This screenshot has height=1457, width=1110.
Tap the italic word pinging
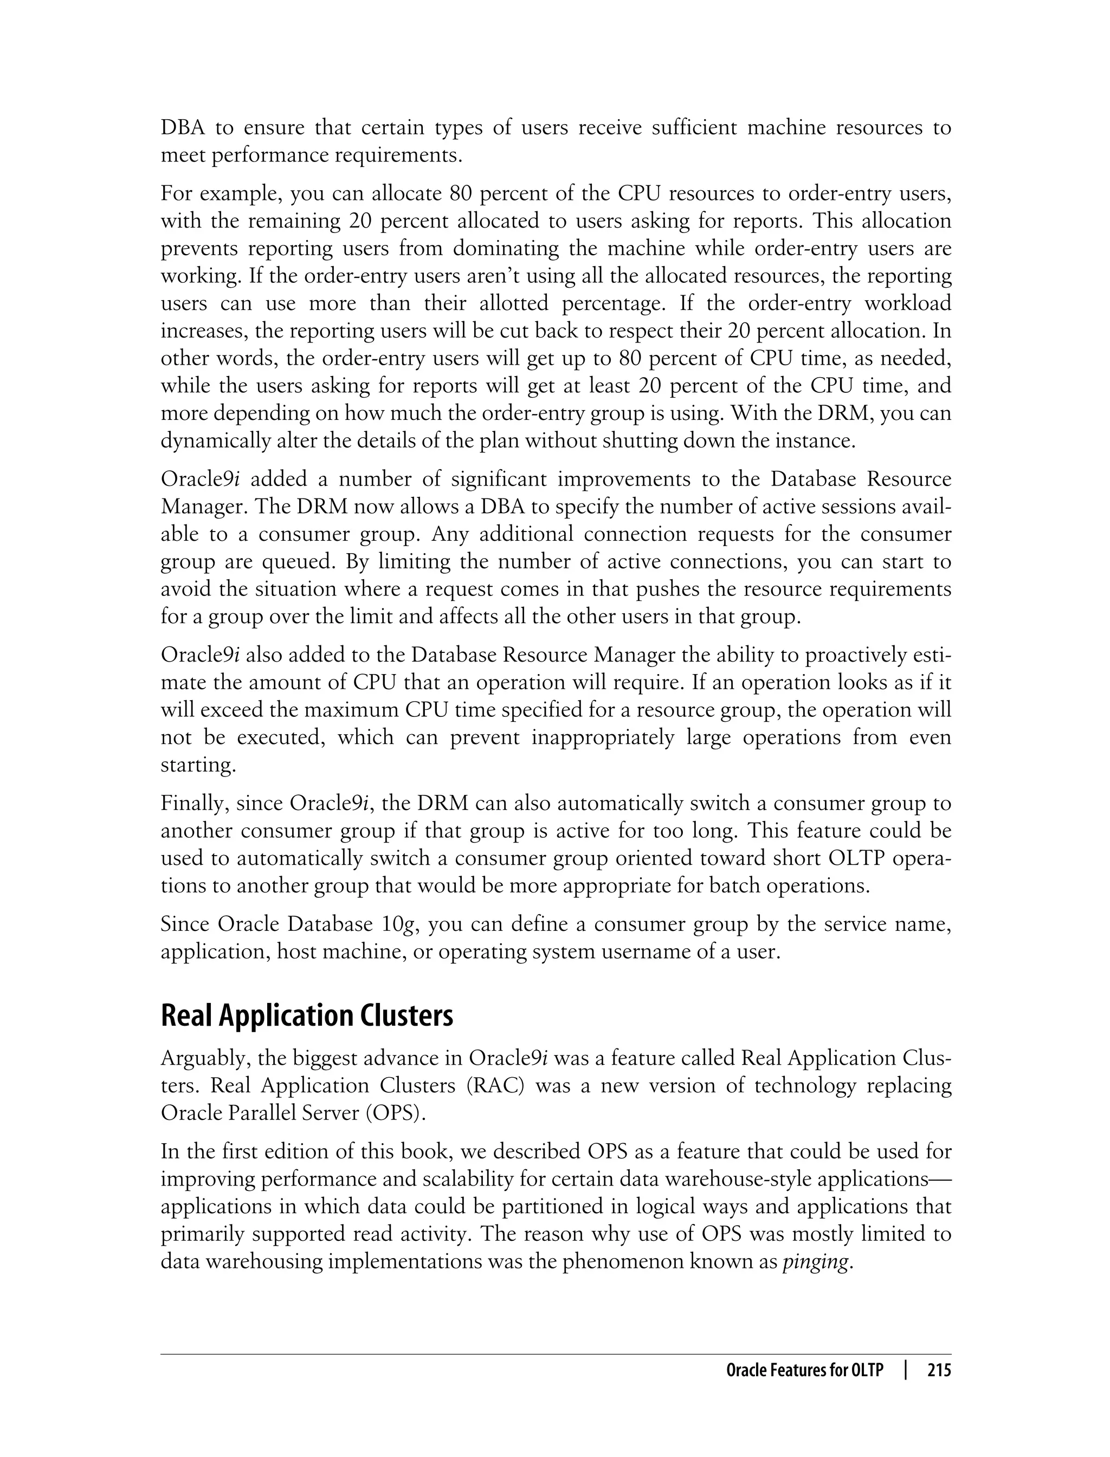(x=815, y=1262)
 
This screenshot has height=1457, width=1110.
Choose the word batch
(x=739, y=886)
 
